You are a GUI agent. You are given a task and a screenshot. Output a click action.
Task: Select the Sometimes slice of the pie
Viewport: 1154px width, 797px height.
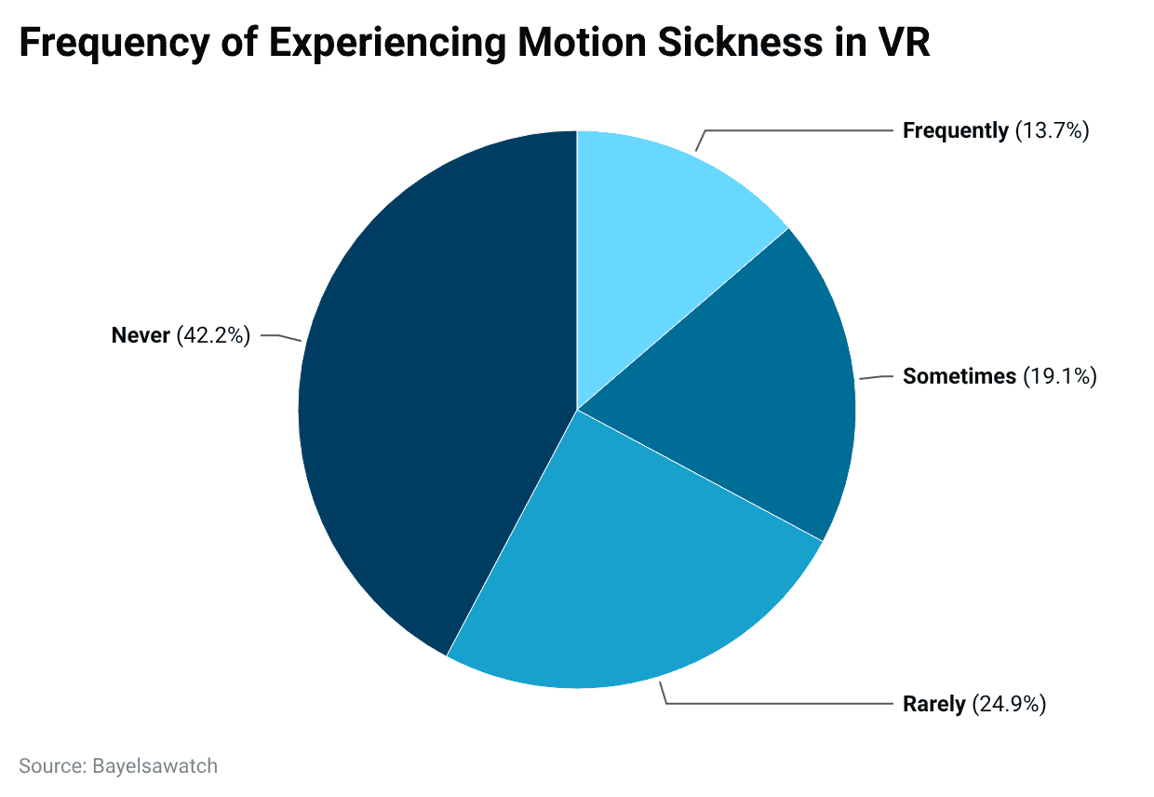[763, 391]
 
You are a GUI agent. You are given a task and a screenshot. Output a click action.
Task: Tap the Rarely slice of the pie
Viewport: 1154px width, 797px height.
[633, 577]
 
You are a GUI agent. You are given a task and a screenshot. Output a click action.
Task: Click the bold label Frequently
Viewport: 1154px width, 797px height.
[955, 130]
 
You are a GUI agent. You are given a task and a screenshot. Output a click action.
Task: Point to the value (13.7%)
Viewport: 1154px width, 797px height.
[1052, 130]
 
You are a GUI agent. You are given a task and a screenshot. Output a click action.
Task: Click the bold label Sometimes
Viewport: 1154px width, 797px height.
[959, 376]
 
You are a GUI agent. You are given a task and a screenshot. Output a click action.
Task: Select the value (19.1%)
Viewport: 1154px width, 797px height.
[1060, 376]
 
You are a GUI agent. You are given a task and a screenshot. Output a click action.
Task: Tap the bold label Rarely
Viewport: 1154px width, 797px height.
[934, 704]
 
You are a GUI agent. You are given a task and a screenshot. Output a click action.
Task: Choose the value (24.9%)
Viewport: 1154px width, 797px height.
[1009, 704]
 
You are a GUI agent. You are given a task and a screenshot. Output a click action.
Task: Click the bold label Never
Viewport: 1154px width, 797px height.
[141, 335]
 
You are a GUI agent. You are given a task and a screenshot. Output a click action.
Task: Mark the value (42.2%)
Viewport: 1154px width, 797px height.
[213, 335]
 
